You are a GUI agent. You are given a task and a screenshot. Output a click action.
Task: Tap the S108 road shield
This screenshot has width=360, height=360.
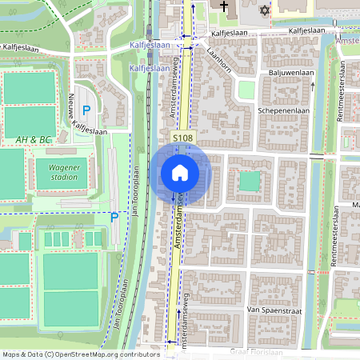tap(183, 138)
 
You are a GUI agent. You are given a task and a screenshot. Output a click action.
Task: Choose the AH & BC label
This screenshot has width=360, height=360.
tap(34, 140)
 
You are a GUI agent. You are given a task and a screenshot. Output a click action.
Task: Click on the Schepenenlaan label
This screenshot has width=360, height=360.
tap(282, 111)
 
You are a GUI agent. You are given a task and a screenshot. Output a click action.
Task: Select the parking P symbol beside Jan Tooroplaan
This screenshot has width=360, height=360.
tap(114, 217)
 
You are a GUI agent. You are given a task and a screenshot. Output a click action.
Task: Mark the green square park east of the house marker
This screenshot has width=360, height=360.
tap(250, 182)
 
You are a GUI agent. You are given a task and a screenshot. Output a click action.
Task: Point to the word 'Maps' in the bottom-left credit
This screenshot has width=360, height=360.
tap(12, 354)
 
